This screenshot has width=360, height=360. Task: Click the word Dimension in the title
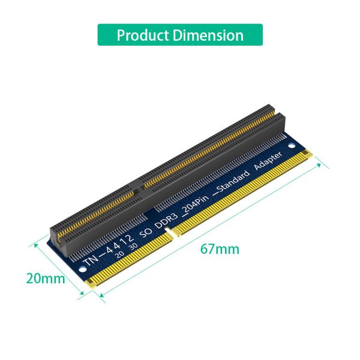(x=208, y=35)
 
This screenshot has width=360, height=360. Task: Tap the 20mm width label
(x=44, y=278)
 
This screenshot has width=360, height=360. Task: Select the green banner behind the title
(x=180, y=35)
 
